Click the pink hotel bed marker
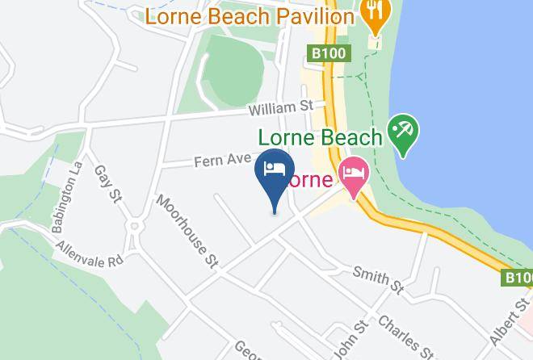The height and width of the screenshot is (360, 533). tap(353, 174)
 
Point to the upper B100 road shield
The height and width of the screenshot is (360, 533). tap(329, 53)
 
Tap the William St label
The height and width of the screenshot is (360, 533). tap(279, 107)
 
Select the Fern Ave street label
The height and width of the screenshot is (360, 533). tap(223, 160)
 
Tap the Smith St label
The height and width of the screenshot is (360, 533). tap(377, 278)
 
